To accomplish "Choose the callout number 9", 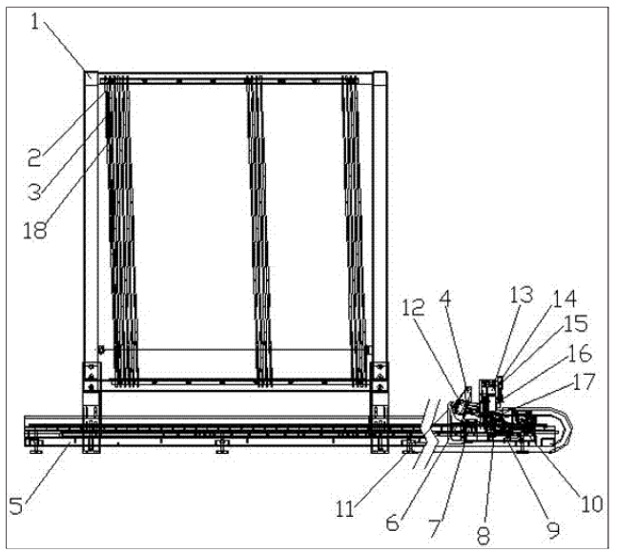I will tap(552, 525).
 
